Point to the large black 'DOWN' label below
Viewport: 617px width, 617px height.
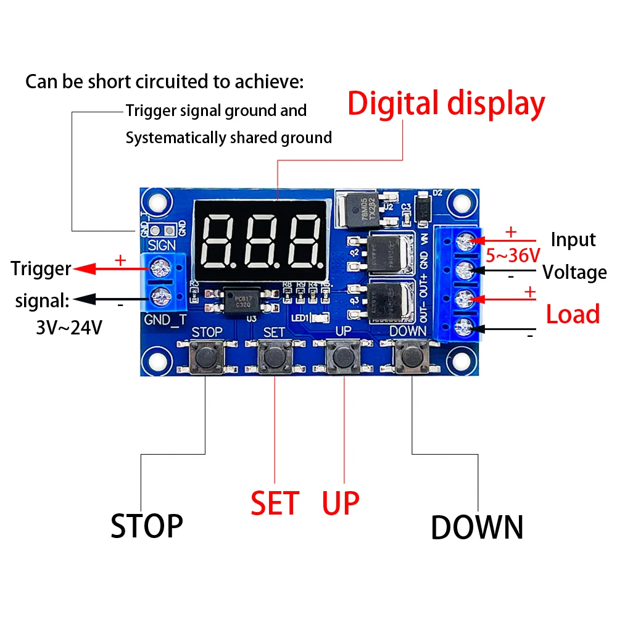coord(477,528)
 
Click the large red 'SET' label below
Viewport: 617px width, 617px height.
coord(275,503)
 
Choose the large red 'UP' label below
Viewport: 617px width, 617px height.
coord(341,503)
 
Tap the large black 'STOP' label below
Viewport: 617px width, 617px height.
coord(147,526)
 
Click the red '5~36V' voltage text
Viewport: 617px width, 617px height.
coord(512,255)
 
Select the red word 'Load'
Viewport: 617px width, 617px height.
coord(573,314)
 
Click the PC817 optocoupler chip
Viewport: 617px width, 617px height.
coord(242,301)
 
